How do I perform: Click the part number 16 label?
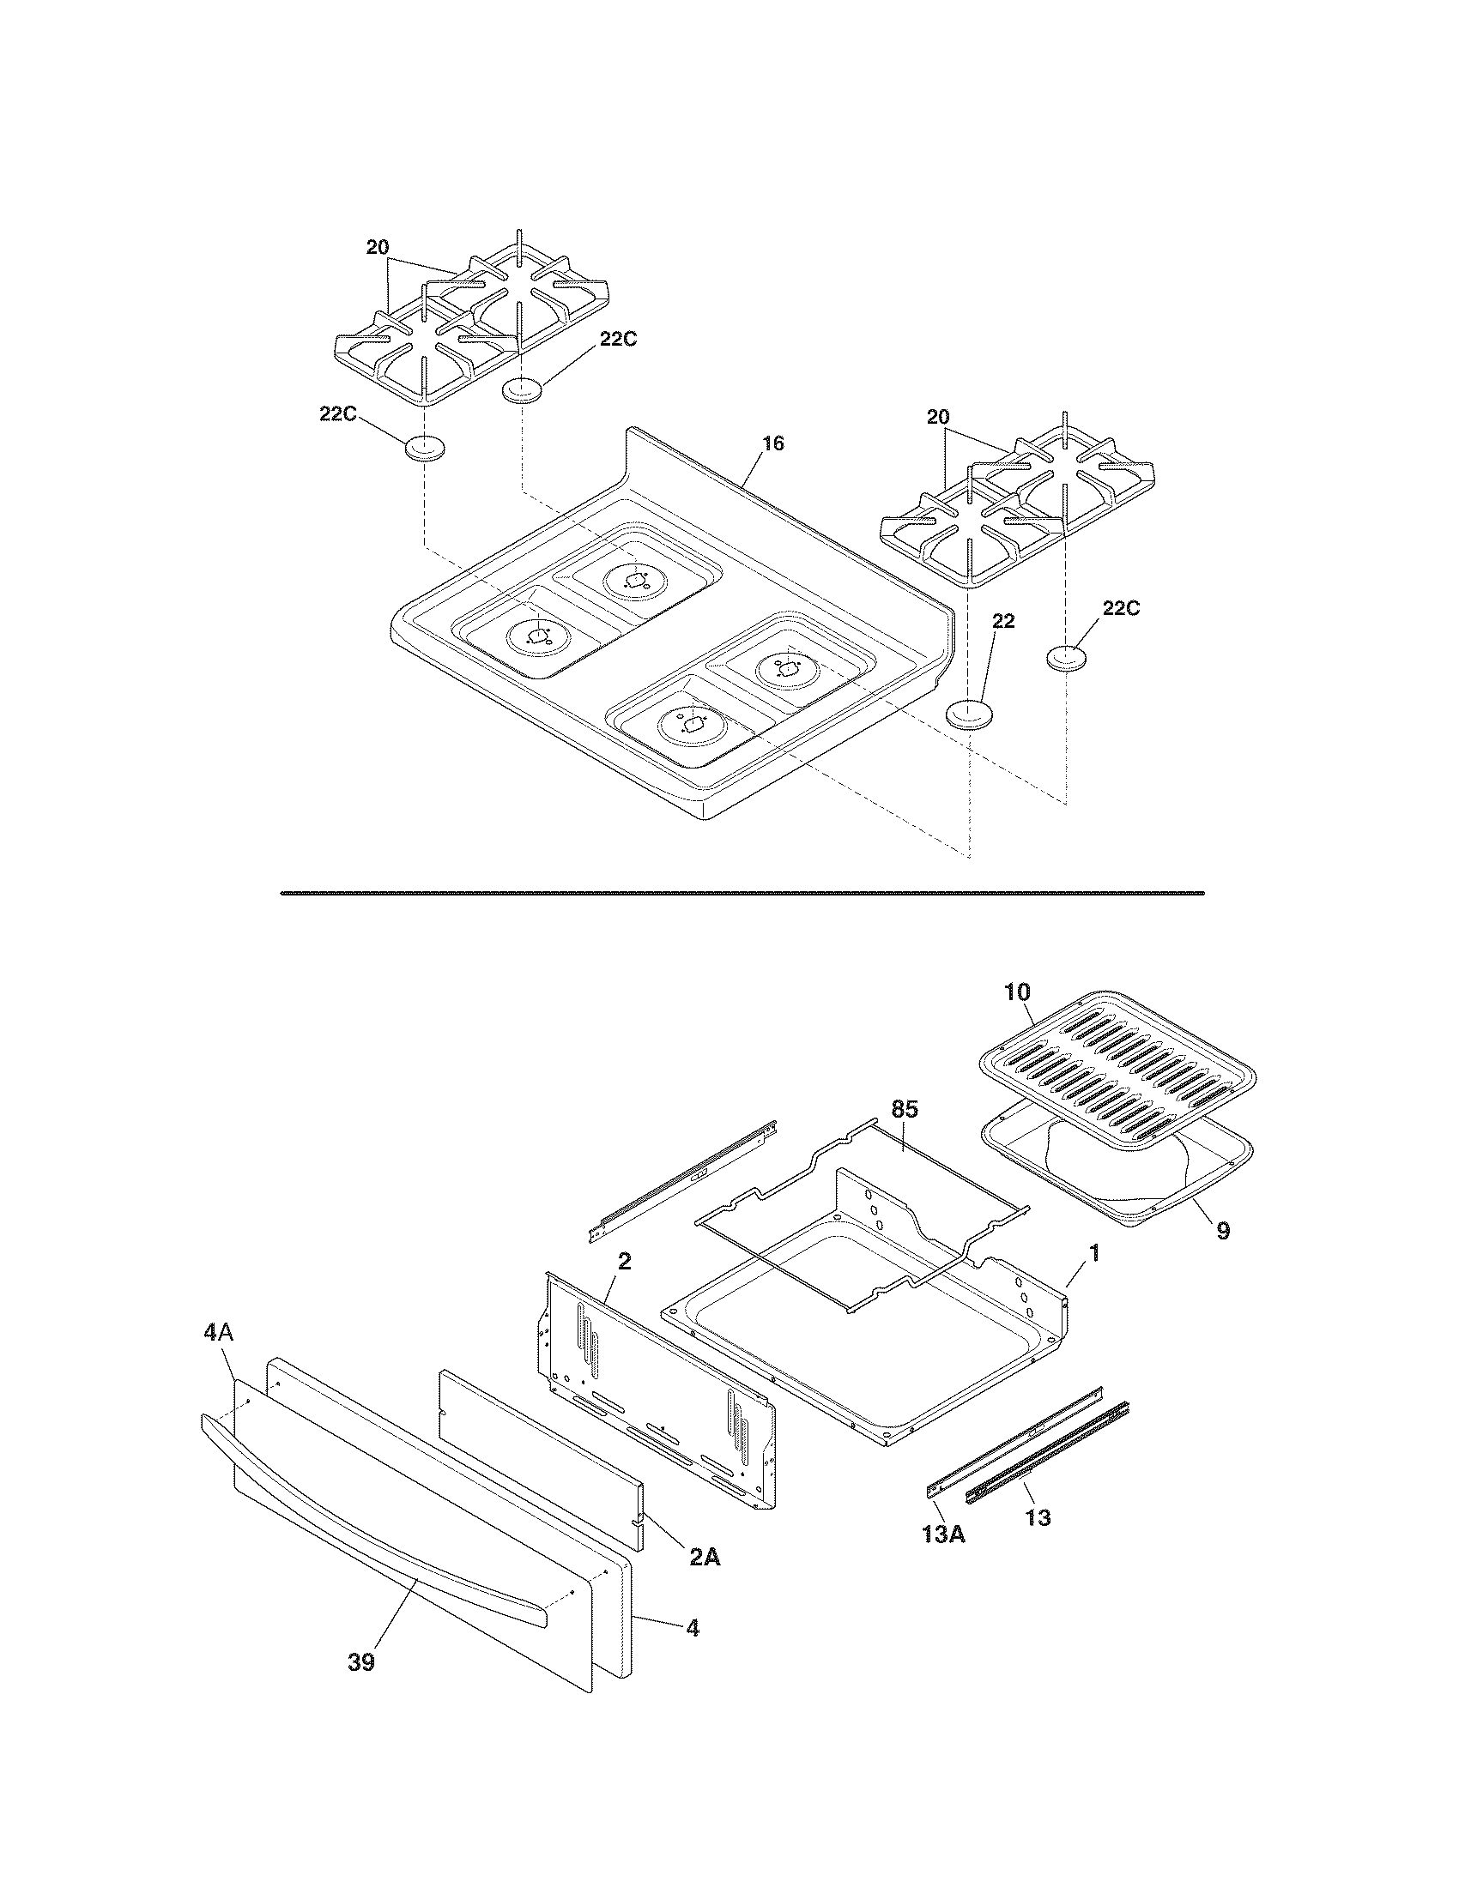coord(772,443)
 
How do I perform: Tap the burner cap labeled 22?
coord(968,715)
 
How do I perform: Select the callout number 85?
coord(904,1108)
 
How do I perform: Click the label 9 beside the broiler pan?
coord(1223,1230)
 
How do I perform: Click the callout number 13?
coord(1038,1517)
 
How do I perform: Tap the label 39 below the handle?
coord(361,1662)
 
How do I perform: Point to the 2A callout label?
coord(705,1557)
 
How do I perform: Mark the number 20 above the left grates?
coord(377,247)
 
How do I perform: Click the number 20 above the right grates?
coord(938,418)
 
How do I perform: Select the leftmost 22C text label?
coord(338,414)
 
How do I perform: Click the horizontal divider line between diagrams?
coord(742,893)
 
